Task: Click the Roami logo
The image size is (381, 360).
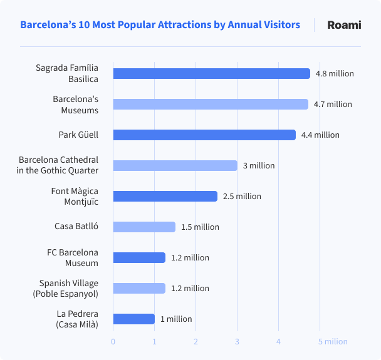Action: (344, 25)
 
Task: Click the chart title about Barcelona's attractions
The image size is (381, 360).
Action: (160, 25)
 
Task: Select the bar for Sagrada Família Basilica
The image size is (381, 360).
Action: (211, 73)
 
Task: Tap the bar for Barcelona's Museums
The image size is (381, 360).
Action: (210, 104)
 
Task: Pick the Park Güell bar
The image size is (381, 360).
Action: (204, 135)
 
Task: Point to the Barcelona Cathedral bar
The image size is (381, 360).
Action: (175, 165)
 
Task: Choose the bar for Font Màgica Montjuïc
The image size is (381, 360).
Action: (165, 196)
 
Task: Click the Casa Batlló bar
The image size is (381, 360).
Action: (144, 227)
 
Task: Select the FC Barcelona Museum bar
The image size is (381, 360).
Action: (138, 257)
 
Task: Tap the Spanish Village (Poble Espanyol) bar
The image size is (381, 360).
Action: (138, 288)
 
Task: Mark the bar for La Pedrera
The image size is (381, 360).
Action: (133, 319)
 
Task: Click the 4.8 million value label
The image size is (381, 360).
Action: (335, 73)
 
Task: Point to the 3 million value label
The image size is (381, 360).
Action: (259, 165)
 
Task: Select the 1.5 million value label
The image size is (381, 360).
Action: (200, 227)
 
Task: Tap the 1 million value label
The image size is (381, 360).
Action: (176, 319)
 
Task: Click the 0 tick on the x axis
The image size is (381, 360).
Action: (113, 341)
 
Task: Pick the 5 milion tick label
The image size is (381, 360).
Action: (332, 341)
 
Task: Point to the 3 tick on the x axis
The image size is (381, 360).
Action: (237, 341)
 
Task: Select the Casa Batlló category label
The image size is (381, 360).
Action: (76, 227)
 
